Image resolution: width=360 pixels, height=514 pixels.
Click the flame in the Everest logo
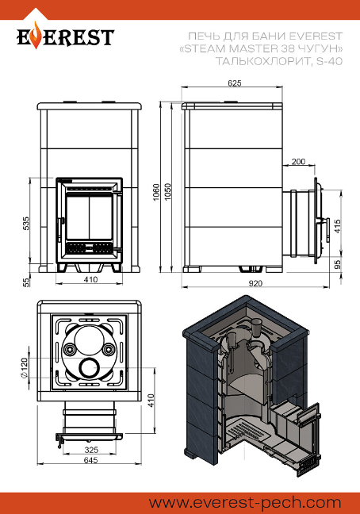click(x=36, y=35)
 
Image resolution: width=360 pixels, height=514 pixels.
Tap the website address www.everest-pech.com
click(x=245, y=503)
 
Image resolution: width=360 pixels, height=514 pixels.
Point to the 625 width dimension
click(x=234, y=83)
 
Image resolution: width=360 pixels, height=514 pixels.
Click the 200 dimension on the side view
click(x=298, y=161)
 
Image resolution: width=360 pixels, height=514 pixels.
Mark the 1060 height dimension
click(x=156, y=193)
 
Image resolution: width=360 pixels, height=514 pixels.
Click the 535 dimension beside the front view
click(x=26, y=223)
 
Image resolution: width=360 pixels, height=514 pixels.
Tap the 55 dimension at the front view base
click(x=26, y=282)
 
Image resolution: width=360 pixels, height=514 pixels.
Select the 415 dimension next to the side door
click(x=337, y=226)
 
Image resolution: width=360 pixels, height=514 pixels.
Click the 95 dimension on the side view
click(x=337, y=264)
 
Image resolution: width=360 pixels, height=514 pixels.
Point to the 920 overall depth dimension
click(x=255, y=283)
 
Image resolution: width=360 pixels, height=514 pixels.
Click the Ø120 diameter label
click(x=25, y=367)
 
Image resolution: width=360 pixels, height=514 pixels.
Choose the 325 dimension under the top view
click(x=91, y=450)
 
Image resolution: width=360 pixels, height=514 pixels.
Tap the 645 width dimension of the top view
click(x=90, y=460)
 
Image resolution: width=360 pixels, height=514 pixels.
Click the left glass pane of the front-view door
click(x=78, y=218)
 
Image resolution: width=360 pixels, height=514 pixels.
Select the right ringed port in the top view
click(x=108, y=350)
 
